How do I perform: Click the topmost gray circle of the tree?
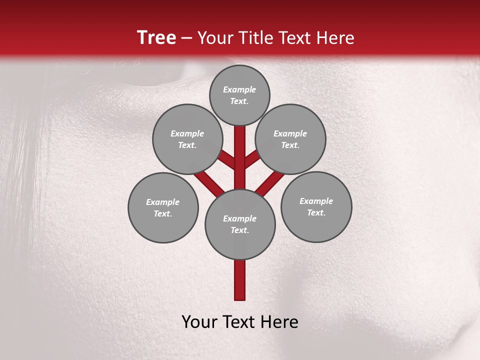coord(239,95)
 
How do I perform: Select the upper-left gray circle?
coord(187,139)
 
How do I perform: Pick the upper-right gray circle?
coord(290,139)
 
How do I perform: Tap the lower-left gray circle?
coord(163,207)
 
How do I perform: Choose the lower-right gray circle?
coord(316,206)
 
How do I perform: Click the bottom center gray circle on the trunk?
coord(240,224)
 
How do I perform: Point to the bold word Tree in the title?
coord(156,37)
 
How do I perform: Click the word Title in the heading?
coord(255,38)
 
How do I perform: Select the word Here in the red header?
coord(335,38)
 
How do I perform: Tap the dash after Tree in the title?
coord(186,38)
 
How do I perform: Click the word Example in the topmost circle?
coord(239,89)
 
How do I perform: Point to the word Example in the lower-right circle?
coord(316,201)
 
